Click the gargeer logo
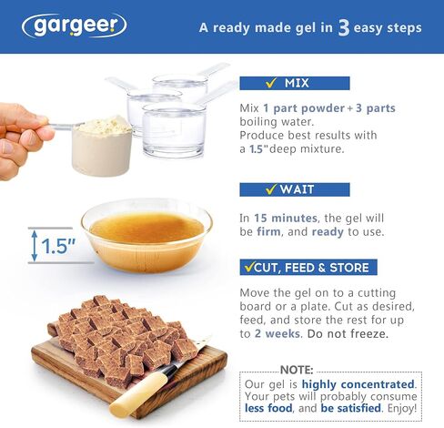click(x=75, y=25)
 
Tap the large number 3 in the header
click(x=344, y=28)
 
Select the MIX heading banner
click(x=295, y=83)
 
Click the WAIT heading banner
click(x=295, y=189)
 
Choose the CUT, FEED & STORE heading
click(x=308, y=267)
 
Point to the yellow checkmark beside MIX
click(x=271, y=82)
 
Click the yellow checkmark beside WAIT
click(x=271, y=189)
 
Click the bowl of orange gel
click(x=146, y=235)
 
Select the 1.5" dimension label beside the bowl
click(x=58, y=246)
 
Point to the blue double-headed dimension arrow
click(x=35, y=246)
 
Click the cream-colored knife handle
click(x=138, y=393)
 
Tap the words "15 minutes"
click(x=286, y=218)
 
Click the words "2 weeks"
click(x=277, y=333)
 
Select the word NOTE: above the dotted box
click(x=297, y=370)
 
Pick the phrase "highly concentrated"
click(x=358, y=384)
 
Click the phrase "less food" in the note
click(x=268, y=408)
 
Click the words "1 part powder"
click(x=304, y=108)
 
